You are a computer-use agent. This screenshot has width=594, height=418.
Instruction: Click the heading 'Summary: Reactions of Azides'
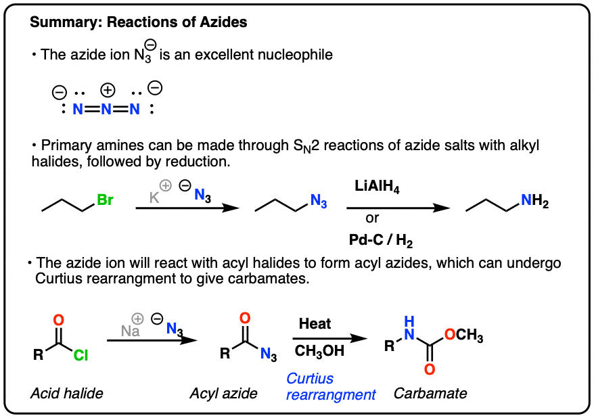[x=139, y=22]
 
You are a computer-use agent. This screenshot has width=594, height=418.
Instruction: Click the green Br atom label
[x=106, y=200]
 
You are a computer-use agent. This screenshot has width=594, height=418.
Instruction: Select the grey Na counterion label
[x=130, y=331]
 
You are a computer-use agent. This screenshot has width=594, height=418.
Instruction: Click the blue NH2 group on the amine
[x=534, y=200]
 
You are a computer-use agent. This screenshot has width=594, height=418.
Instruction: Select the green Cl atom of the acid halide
[x=81, y=354]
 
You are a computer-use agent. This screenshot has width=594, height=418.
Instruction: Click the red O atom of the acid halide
[x=58, y=319]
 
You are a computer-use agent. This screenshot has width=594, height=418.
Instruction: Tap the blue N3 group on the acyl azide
[x=269, y=354]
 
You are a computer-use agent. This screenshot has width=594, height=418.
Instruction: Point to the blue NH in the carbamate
[x=409, y=329]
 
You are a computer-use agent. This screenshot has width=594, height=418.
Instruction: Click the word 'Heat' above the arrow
[x=315, y=324]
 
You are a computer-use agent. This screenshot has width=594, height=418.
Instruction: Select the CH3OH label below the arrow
[x=319, y=350]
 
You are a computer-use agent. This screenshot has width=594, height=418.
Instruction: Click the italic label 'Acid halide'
[x=62, y=393]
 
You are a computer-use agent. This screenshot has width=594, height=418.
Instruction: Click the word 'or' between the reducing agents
[x=372, y=218]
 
